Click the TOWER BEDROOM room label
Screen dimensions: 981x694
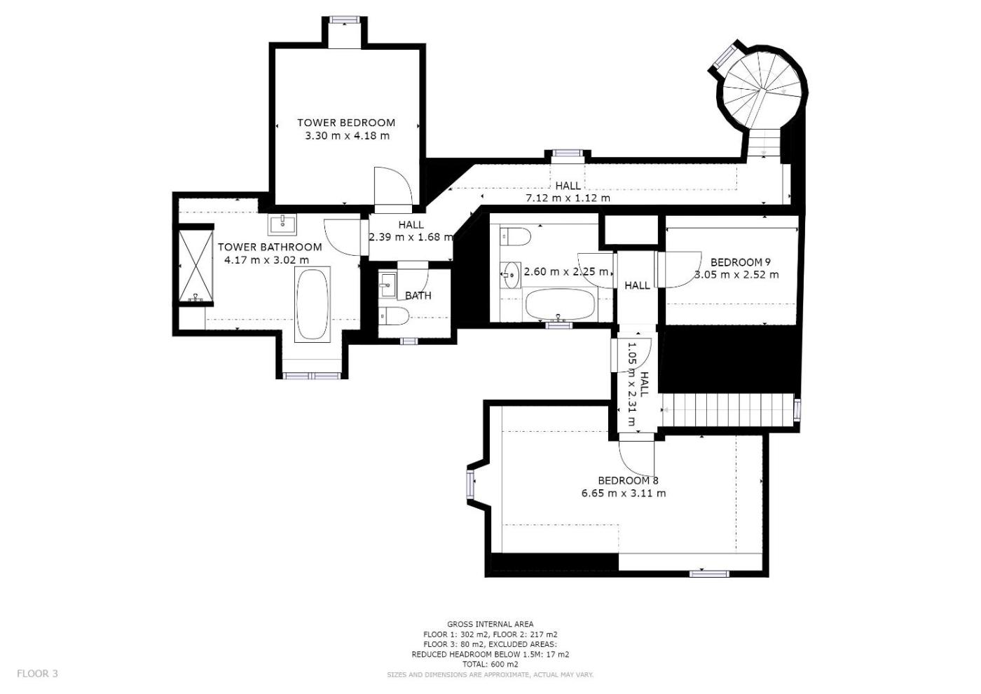point(346,123)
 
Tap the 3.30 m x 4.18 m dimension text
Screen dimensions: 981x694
point(347,136)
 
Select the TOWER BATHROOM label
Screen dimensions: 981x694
point(270,247)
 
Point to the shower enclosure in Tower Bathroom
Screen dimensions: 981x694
point(195,267)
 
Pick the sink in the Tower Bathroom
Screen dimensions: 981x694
point(282,224)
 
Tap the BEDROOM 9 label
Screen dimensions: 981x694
point(740,262)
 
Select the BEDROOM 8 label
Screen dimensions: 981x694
point(628,481)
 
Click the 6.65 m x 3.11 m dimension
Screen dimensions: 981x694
point(624,494)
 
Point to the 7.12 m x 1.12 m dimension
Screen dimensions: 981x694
point(568,198)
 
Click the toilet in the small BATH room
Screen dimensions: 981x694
point(394,315)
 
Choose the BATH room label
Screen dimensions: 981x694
point(418,296)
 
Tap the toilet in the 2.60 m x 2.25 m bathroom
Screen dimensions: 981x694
point(515,237)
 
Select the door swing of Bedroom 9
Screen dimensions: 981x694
point(678,269)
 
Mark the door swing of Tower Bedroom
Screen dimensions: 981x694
point(393,186)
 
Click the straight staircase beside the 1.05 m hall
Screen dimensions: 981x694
point(727,409)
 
